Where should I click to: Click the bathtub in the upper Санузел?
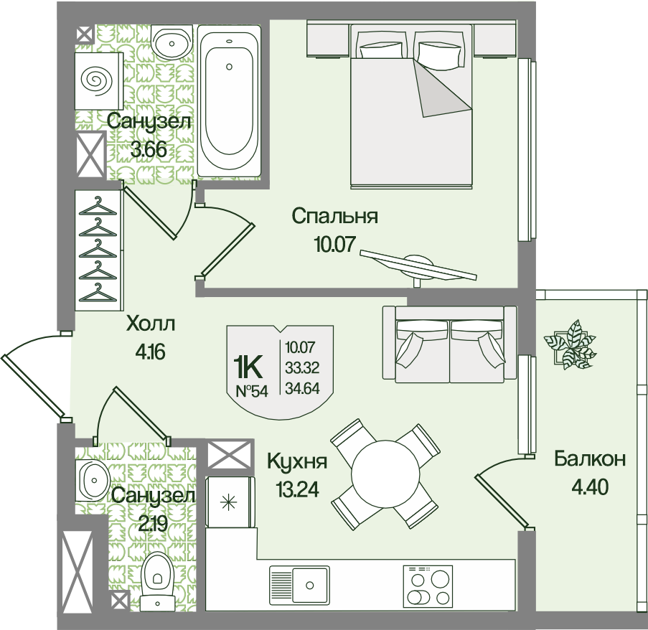click(x=230, y=100)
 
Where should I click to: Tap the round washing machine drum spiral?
click(x=97, y=81)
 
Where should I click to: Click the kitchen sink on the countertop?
click(x=300, y=585)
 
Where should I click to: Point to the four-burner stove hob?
click(x=428, y=585)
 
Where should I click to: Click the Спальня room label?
click(x=334, y=216)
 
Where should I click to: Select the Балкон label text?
click(x=590, y=459)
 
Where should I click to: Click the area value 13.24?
click(x=298, y=489)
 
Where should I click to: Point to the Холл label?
click(x=151, y=324)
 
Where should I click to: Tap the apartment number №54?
click(x=252, y=391)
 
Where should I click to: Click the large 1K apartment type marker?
click(x=248, y=367)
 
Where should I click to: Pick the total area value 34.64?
click(x=303, y=388)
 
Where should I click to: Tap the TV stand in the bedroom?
click(x=418, y=265)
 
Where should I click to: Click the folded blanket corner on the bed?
click(x=442, y=88)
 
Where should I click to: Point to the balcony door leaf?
click(x=502, y=502)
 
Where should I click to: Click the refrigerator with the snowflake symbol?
click(x=230, y=502)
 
